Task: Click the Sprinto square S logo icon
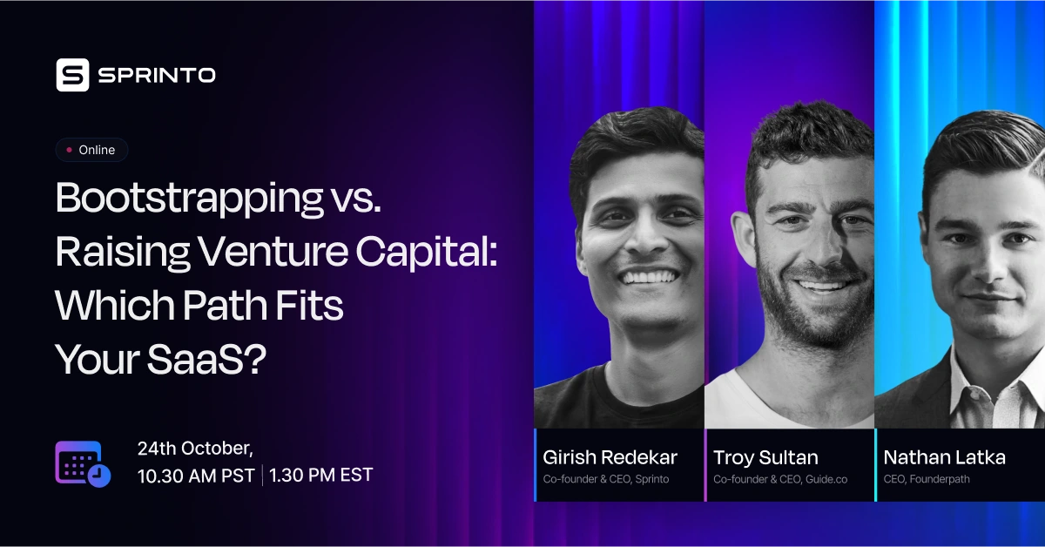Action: point(73,75)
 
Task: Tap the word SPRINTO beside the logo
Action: point(157,76)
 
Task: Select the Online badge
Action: point(91,150)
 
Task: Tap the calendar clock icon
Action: point(83,463)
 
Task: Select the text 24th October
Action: point(195,449)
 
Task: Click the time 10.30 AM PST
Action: point(196,476)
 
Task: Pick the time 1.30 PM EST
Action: point(321,476)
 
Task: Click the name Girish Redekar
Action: point(610,457)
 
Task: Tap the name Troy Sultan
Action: point(765,457)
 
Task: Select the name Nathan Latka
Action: point(944,457)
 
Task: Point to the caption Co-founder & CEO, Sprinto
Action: point(606,479)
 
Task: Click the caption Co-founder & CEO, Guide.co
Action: point(779,479)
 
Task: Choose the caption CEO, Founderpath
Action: point(927,479)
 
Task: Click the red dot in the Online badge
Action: point(69,150)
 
